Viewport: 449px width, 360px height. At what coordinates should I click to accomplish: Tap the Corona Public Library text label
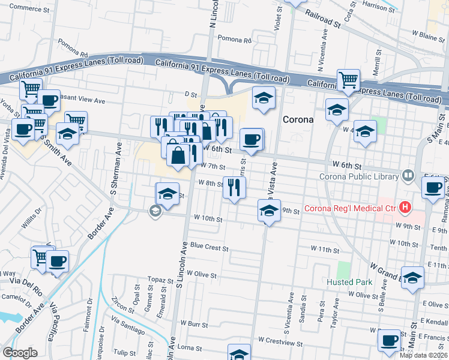pos(359,176)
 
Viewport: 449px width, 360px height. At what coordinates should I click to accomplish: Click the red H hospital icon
pos(405,208)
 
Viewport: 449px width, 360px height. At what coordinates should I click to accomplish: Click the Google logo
pos(20,353)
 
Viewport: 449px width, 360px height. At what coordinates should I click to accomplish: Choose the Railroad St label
pos(322,19)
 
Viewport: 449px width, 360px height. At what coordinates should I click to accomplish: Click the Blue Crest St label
pos(209,247)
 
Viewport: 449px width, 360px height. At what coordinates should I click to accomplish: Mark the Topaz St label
pos(161,280)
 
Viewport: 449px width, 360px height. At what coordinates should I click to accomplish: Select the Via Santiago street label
pos(128,327)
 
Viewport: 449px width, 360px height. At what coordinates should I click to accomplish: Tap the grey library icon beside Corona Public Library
pos(408,176)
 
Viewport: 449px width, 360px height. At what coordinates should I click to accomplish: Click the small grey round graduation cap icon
pos(155,210)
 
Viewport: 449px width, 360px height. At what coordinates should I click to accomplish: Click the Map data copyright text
pos(424,355)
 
